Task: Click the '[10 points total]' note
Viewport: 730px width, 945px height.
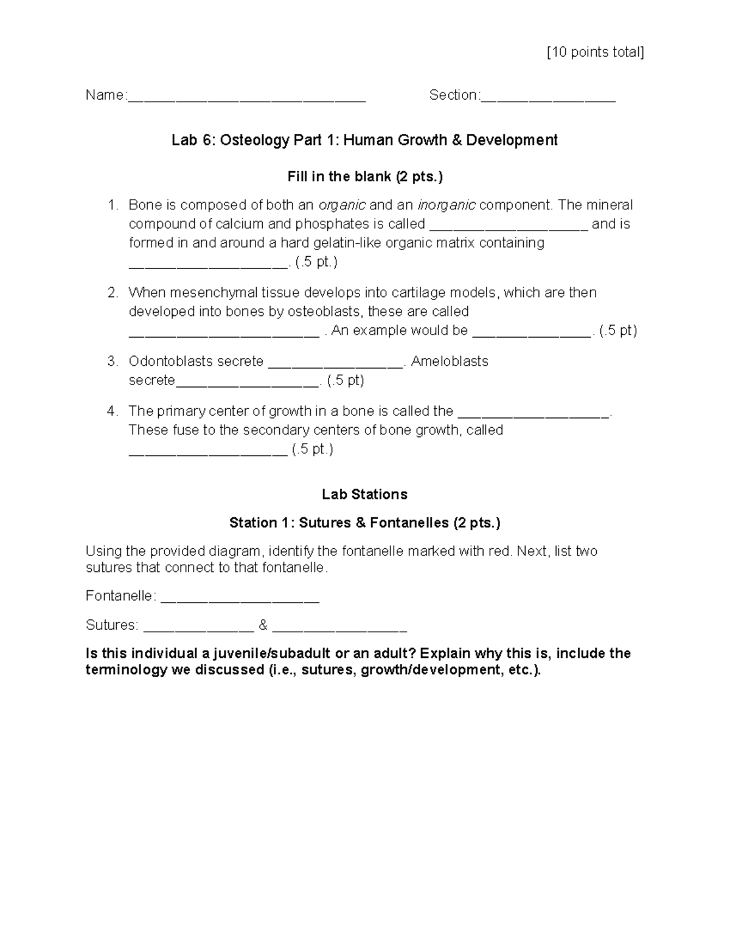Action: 595,52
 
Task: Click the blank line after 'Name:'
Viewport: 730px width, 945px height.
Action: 246,97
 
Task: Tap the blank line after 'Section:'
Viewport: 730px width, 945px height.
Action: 548,97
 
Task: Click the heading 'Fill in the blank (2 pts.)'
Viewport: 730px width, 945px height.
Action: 365,177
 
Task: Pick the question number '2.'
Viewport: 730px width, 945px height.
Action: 113,293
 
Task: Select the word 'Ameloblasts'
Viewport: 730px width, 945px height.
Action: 450,361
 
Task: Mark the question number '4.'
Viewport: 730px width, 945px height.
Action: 113,411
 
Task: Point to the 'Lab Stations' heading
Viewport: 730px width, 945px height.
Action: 364,494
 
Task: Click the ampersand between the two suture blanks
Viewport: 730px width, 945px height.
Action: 263,625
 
